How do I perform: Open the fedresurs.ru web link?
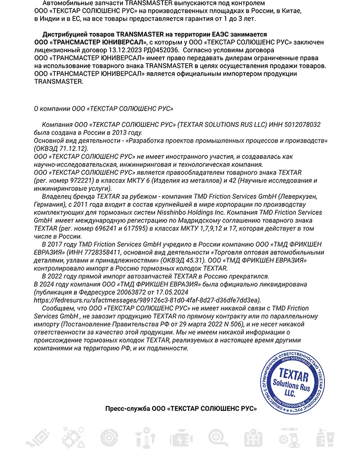point(147,300)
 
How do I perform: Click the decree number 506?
point(238,324)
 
